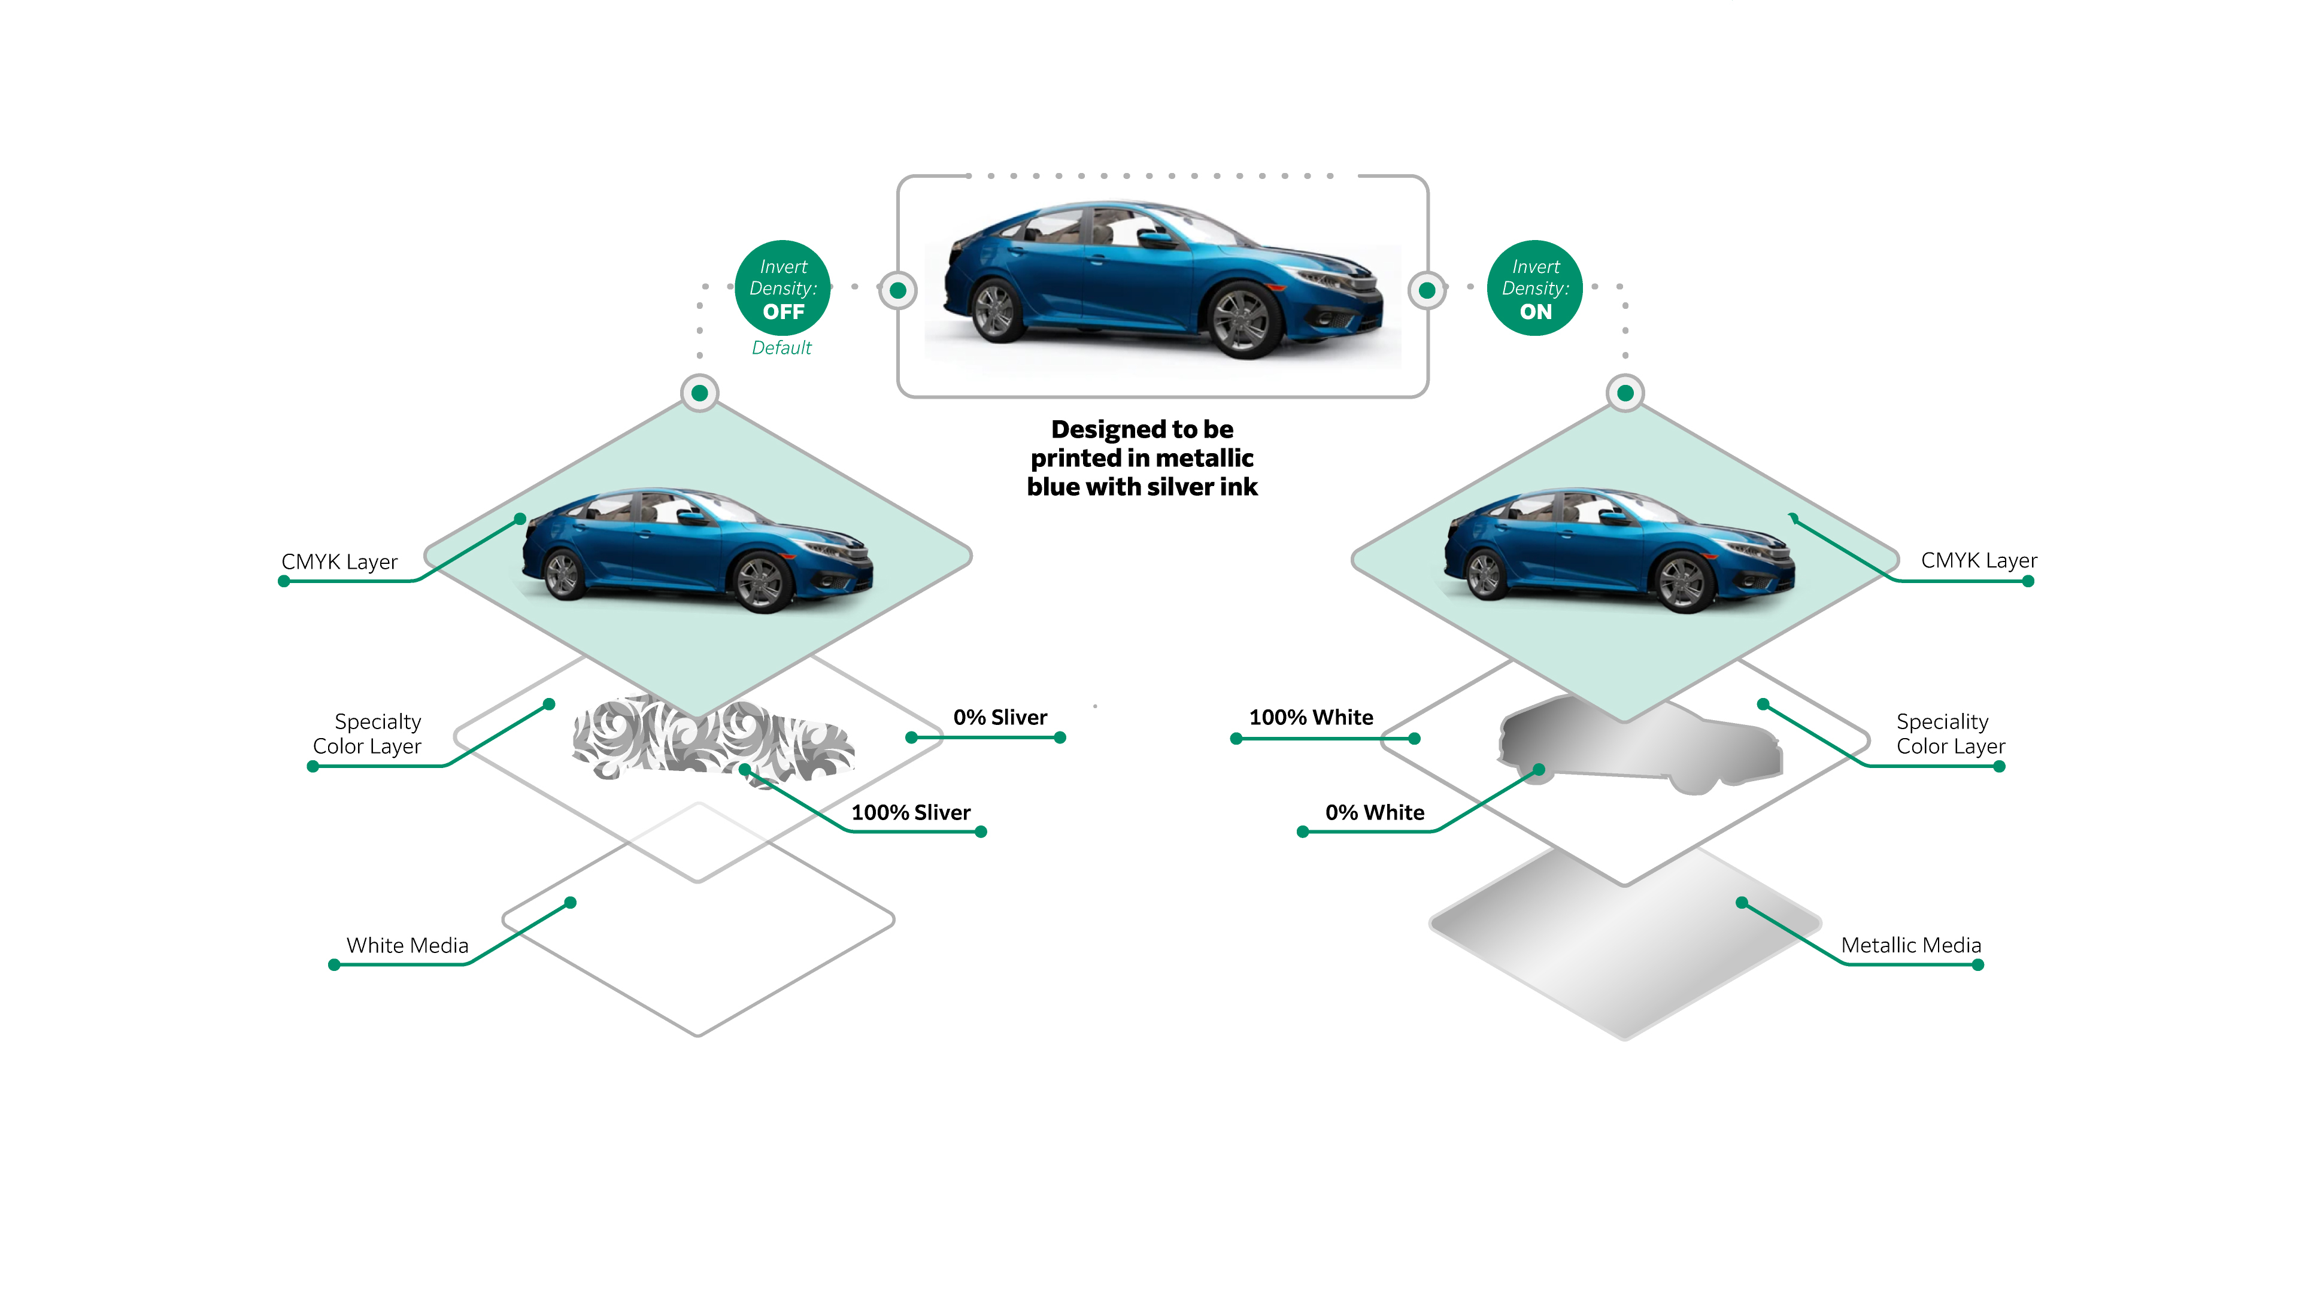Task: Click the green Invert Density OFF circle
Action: pyautogui.click(x=782, y=288)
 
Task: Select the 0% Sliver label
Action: pyautogui.click(x=1000, y=718)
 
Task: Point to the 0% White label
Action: pyautogui.click(x=1375, y=812)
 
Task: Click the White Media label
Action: pyautogui.click(x=407, y=945)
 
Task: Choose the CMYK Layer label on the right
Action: pyautogui.click(x=1979, y=560)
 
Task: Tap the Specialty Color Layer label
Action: pyautogui.click(x=368, y=733)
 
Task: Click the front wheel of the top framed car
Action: pyautogui.click(x=1243, y=320)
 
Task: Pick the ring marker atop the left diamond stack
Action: pyautogui.click(x=700, y=393)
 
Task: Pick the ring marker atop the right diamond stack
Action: pyautogui.click(x=1625, y=393)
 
